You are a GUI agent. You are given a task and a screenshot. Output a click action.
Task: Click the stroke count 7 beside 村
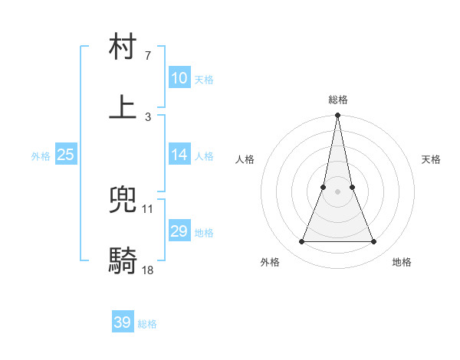(148, 56)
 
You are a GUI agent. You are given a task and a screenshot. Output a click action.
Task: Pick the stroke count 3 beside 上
(148, 116)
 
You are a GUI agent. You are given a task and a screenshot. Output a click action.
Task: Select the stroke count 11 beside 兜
(148, 208)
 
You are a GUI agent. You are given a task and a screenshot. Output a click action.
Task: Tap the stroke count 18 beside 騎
(148, 269)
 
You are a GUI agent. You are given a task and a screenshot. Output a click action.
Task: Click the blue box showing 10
(179, 78)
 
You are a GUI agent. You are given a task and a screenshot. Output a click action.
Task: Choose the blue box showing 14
(179, 155)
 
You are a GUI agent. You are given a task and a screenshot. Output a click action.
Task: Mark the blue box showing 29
(179, 231)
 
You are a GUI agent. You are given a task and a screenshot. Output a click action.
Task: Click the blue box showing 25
(66, 155)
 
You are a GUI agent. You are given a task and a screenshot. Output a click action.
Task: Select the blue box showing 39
(123, 322)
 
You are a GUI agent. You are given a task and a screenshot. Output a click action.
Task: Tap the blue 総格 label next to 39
(148, 324)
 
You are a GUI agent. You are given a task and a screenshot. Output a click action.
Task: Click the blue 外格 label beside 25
(41, 156)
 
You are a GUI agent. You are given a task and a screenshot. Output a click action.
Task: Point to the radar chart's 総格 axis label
(338, 100)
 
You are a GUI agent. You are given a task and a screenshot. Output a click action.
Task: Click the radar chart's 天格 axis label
(432, 159)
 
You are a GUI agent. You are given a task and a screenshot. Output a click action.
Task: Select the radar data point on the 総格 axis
(337, 116)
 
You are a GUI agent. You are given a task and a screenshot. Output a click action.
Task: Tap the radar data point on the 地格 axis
(374, 242)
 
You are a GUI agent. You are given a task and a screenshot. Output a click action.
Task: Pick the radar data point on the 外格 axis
(301, 242)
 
